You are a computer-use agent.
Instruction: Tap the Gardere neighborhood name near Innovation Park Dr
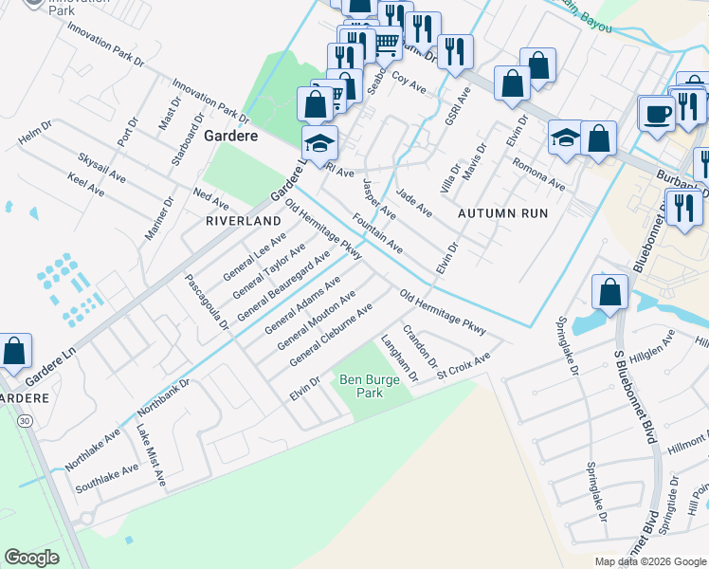(x=229, y=137)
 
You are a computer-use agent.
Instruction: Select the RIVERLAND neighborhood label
(x=245, y=220)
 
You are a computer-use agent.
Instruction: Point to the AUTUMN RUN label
(x=502, y=213)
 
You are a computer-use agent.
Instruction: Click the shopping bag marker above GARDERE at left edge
(x=16, y=352)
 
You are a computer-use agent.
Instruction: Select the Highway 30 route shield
(x=23, y=421)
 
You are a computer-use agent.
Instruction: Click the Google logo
(x=31, y=557)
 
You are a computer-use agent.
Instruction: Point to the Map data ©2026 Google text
(x=649, y=561)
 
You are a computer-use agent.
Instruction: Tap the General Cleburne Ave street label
(x=331, y=336)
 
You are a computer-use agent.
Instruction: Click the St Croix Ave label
(x=464, y=365)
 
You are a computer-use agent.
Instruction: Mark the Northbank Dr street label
(x=164, y=399)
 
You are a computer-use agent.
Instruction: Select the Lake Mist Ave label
(x=149, y=458)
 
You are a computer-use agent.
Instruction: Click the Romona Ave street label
(x=538, y=174)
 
